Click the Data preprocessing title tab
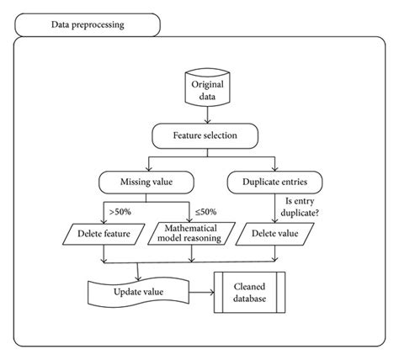pyautogui.click(x=88, y=24)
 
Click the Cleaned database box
pyautogui.click(x=249, y=291)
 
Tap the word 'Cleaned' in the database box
pyautogui.click(x=249, y=285)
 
